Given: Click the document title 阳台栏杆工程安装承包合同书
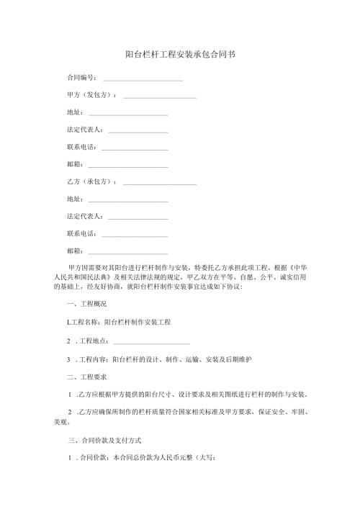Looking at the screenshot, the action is click(180, 54).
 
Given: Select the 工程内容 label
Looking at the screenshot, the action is click(94, 359).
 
